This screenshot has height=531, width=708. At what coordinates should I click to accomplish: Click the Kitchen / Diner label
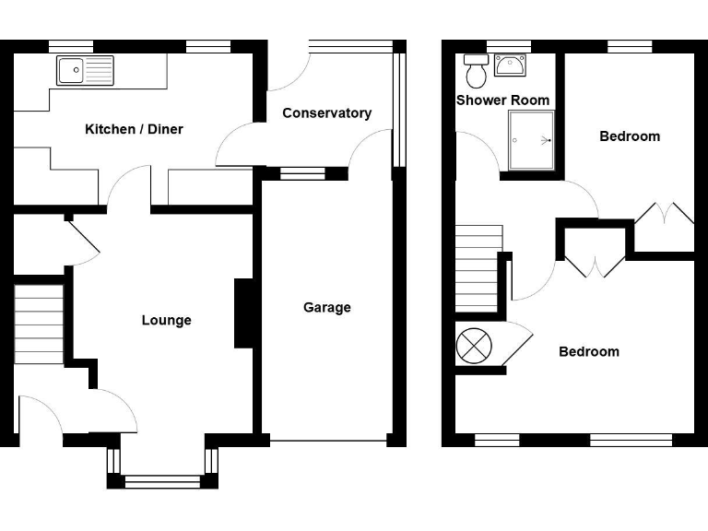pyautogui.click(x=134, y=129)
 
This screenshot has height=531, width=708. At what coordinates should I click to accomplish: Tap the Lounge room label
pyautogui.click(x=167, y=320)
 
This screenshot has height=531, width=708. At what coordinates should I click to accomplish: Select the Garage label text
pyautogui.click(x=327, y=307)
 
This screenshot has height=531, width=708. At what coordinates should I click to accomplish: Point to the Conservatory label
pyautogui.click(x=326, y=113)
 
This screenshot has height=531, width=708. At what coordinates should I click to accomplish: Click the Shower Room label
pyautogui.click(x=502, y=100)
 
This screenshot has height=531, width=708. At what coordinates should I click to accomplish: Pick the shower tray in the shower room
pyautogui.click(x=531, y=141)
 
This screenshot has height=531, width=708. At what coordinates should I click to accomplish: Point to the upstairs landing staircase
pyautogui.click(x=478, y=268)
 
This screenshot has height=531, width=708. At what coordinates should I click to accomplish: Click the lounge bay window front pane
pyautogui.click(x=162, y=479)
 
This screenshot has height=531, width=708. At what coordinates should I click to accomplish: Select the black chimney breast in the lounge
pyautogui.click(x=243, y=313)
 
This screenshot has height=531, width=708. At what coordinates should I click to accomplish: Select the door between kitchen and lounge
pyautogui.click(x=129, y=188)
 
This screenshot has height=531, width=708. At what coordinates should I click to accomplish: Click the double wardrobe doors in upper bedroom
pyautogui.click(x=665, y=214)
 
